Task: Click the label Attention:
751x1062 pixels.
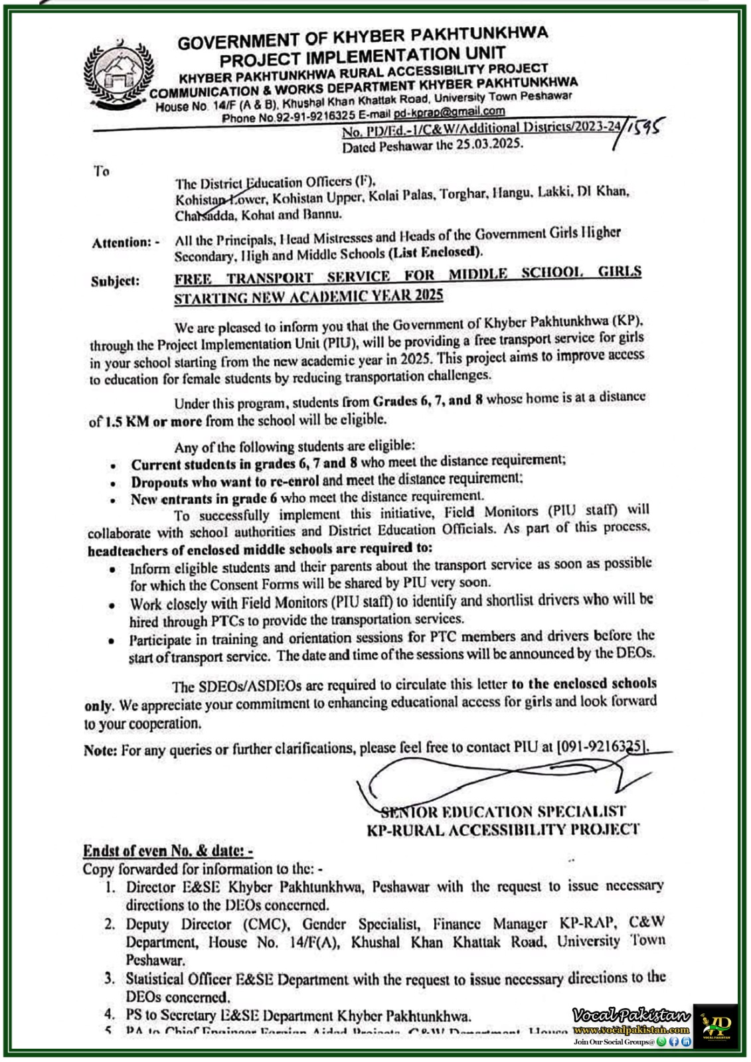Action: pos(125,243)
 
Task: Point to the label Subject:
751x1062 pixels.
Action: pos(116,281)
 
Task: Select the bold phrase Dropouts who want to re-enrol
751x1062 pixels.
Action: pos(225,481)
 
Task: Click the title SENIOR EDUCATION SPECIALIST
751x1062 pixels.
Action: pos(503,812)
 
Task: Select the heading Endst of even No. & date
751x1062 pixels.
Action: pos(167,851)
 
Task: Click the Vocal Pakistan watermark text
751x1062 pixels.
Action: pos(631,1016)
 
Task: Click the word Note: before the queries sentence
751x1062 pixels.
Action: pos(100,750)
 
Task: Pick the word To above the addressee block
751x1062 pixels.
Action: pos(101,171)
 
